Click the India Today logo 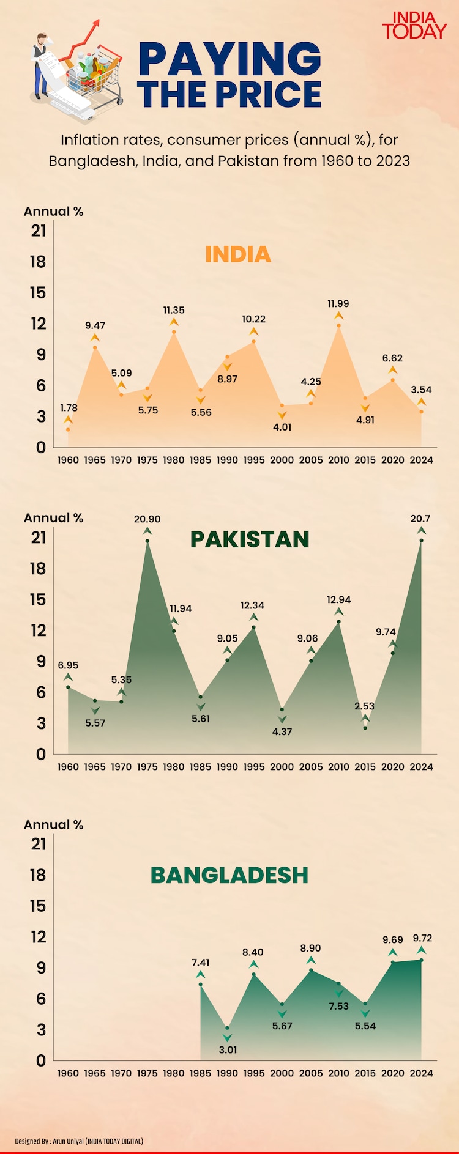tap(414, 26)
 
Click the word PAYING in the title tap(229, 59)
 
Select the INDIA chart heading tap(237, 254)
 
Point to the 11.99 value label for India tap(338, 304)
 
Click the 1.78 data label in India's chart tap(69, 408)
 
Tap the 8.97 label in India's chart tap(227, 379)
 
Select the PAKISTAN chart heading tap(250, 539)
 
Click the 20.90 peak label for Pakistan tap(147, 519)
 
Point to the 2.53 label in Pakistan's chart tap(364, 706)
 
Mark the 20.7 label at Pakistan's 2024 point tap(420, 519)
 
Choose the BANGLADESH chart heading tap(229, 875)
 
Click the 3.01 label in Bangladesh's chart tap(228, 1050)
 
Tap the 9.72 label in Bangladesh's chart tap(422, 938)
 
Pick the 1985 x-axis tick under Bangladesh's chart tap(200, 1073)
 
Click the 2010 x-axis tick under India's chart tap(338, 460)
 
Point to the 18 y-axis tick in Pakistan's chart tap(38, 569)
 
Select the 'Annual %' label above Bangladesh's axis tap(53, 824)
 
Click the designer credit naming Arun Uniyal tap(79, 1141)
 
